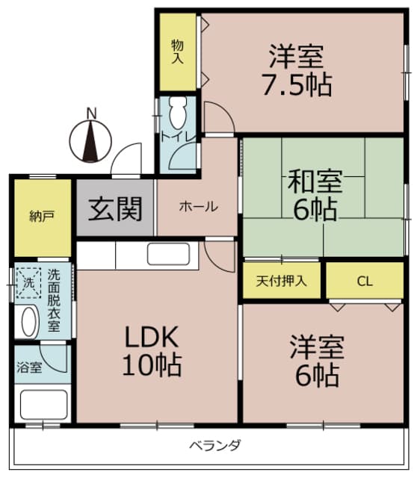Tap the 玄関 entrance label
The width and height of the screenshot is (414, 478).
pyautogui.click(x=116, y=208)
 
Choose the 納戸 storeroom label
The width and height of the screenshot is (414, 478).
pyautogui.click(x=42, y=217)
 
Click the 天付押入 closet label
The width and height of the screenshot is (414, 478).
pyautogui.click(x=281, y=282)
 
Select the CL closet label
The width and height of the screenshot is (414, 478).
pyautogui.click(x=364, y=282)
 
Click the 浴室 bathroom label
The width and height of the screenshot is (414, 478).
pyautogui.click(x=29, y=367)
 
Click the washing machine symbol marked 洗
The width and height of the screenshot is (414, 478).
pyautogui.click(x=28, y=283)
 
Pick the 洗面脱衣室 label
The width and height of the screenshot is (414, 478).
pyautogui.click(x=56, y=299)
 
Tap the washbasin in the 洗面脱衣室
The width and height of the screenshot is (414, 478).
pyautogui.click(x=28, y=323)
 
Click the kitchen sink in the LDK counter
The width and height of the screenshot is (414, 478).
pyautogui.click(x=171, y=255)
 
